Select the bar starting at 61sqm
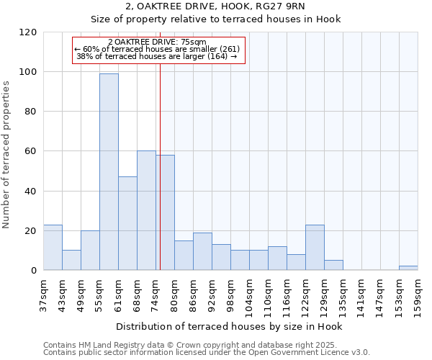coord(127,223)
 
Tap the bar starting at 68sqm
coord(146,210)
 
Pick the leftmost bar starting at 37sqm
coord(53,247)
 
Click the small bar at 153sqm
coord(408,268)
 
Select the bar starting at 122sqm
coord(315,247)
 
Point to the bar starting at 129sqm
coord(333,265)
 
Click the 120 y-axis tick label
coord(28,32)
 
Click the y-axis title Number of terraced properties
coord(6,154)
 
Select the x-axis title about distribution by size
coord(229,326)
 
